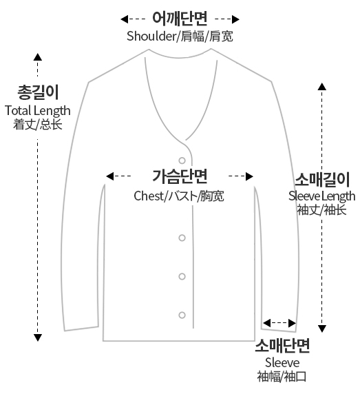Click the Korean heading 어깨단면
tap(180, 19)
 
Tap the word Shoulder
tap(151, 36)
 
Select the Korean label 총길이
tap(38, 92)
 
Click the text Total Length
tap(38, 111)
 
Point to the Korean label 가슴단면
tap(180, 176)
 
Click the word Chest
tap(149, 196)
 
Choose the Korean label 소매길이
tap(322, 179)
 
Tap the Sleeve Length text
tap(322, 196)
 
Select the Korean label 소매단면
tap(282, 346)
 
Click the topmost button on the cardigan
tap(182, 160)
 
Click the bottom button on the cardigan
tap(182, 315)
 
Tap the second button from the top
tap(182, 238)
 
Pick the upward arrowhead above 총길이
tap(38, 56)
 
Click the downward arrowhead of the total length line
tap(38, 338)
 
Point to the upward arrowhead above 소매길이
tap(322, 86)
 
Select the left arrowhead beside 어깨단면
tap(125, 19)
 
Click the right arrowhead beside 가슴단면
tap(249, 176)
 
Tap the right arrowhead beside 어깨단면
tap(235, 19)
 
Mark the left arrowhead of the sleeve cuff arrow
tap(266, 323)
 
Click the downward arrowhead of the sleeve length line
tap(322, 329)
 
